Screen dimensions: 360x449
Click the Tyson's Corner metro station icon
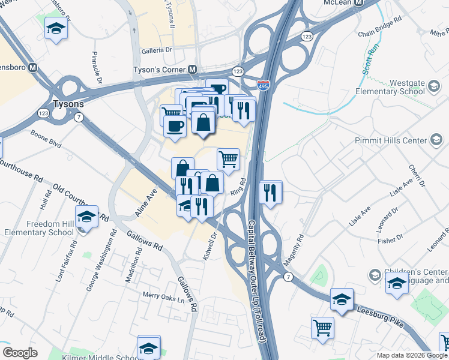tap(193, 70)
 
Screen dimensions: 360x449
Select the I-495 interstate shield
tap(263, 86)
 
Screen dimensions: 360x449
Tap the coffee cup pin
tap(175, 127)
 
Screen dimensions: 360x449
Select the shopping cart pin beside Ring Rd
tap(228, 160)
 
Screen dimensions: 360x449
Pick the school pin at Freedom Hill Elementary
tap(86, 217)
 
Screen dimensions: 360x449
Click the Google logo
tap(20, 353)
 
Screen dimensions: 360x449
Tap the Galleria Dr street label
tap(157, 52)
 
